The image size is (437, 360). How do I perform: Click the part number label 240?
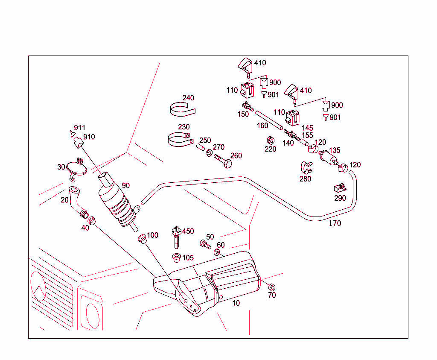click(x=188, y=98)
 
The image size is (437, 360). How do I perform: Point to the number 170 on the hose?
click(x=335, y=223)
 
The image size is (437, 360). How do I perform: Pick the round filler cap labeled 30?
click(x=77, y=168)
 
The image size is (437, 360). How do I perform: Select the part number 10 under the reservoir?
click(x=236, y=303)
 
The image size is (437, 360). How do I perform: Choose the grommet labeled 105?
click(x=175, y=258)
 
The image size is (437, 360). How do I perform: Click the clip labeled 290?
click(x=340, y=188)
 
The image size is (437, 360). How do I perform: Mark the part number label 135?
click(x=335, y=150)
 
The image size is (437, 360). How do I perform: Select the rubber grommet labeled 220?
click(x=270, y=140)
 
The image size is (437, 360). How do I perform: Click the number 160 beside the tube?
click(x=262, y=126)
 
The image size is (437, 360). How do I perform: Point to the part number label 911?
click(x=79, y=128)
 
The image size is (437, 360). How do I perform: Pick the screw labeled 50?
click(x=205, y=245)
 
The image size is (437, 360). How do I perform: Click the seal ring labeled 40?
click(x=91, y=221)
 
